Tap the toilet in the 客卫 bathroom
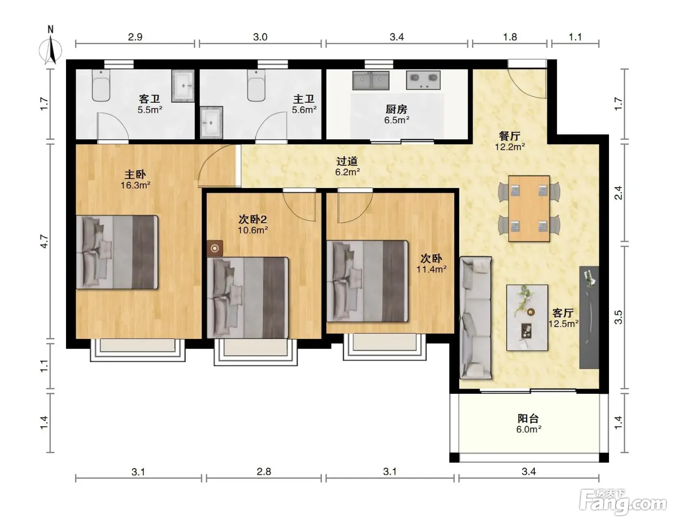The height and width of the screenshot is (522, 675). point(101,85)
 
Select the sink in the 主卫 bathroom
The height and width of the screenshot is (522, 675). point(211,122)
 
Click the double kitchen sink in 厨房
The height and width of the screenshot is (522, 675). point(371,80)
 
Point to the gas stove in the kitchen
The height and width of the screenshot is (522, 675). point(423,80)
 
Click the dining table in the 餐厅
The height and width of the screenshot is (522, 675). point(529,209)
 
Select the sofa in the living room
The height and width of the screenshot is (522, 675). point(475,318)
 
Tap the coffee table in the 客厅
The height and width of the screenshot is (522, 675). point(527,318)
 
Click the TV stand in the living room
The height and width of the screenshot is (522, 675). point(589,317)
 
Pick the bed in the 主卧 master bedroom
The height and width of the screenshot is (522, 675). point(117,252)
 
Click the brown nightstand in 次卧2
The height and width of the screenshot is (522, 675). point(215,248)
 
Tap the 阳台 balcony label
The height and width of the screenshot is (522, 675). point(528,418)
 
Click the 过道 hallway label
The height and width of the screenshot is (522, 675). point(347,161)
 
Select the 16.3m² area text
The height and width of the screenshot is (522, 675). point(135,186)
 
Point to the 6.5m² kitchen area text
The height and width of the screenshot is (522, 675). point(397,120)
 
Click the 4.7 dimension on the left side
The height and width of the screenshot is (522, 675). point(44,241)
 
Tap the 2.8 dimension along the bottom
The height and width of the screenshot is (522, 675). point(264,472)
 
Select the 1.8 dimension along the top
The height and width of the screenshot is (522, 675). point(510,37)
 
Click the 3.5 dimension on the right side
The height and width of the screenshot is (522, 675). point(619,317)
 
